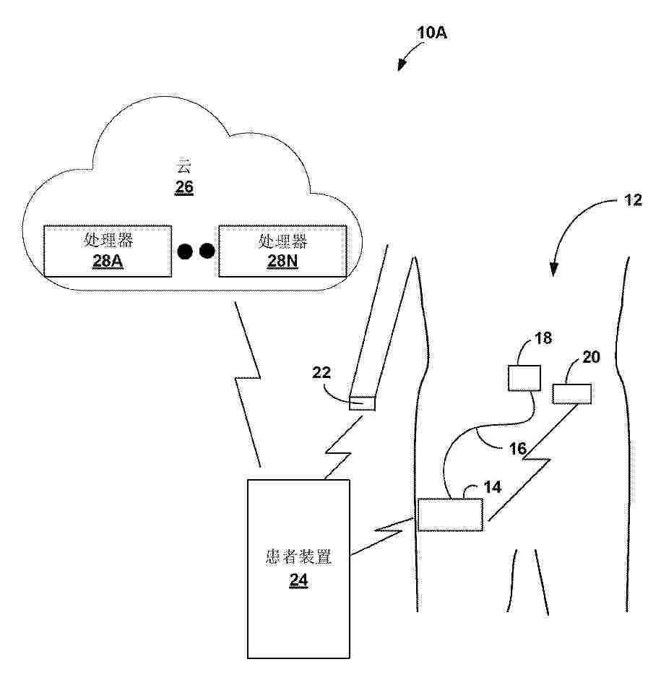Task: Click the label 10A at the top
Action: click(432, 33)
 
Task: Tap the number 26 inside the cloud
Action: click(185, 188)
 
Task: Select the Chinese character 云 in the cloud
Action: click(185, 167)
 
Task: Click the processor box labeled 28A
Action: click(108, 251)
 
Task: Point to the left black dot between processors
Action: click(186, 251)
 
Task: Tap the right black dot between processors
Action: click(207, 251)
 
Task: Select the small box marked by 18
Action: click(525, 378)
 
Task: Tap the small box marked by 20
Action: click(572, 394)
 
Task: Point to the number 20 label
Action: click(591, 357)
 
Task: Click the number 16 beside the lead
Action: click(517, 449)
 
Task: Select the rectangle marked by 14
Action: click(450, 515)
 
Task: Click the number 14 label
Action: click(492, 487)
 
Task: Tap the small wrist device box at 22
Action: click(362, 403)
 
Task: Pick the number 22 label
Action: click(322, 373)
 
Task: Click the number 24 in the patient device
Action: click(298, 580)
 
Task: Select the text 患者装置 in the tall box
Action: click(298, 558)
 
